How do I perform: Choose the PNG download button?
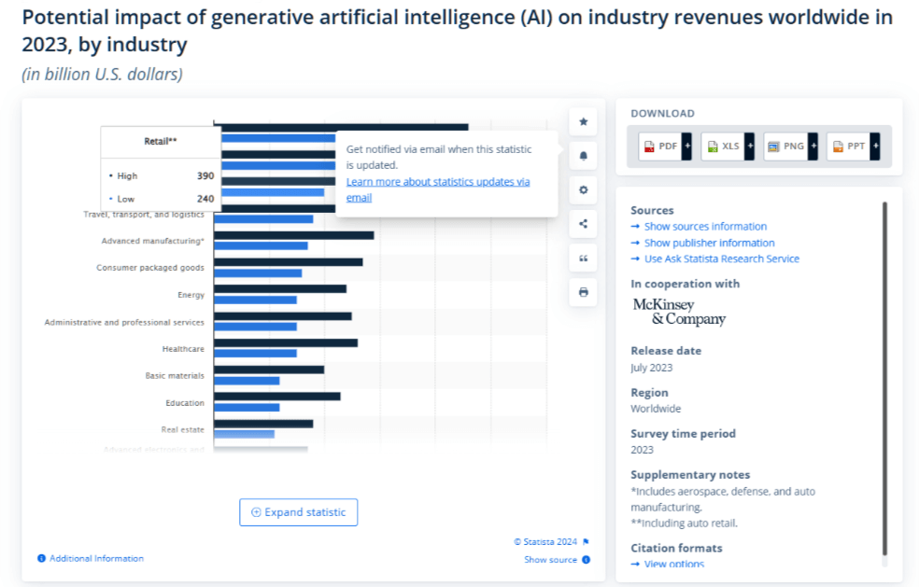click(x=785, y=147)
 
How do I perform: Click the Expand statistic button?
click(x=298, y=512)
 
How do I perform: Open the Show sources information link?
click(x=705, y=227)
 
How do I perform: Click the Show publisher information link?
click(x=709, y=243)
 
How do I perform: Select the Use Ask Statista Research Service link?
click(x=721, y=259)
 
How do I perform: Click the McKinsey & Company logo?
click(x=679, y=312)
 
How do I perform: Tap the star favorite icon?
click(x=584, y=121)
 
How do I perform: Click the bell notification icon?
click(x=584, y=156)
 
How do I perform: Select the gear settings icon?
click(x=584, y=190)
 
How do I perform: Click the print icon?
click(x=584, y=292)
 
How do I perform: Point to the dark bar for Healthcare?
click(x=286, y=342)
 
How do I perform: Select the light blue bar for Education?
click(x=247, y=407)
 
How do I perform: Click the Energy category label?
click(x=191, y=295)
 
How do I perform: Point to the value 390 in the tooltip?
click(x=205, y=175)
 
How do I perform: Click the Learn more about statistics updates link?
click(x=437, y=182)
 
